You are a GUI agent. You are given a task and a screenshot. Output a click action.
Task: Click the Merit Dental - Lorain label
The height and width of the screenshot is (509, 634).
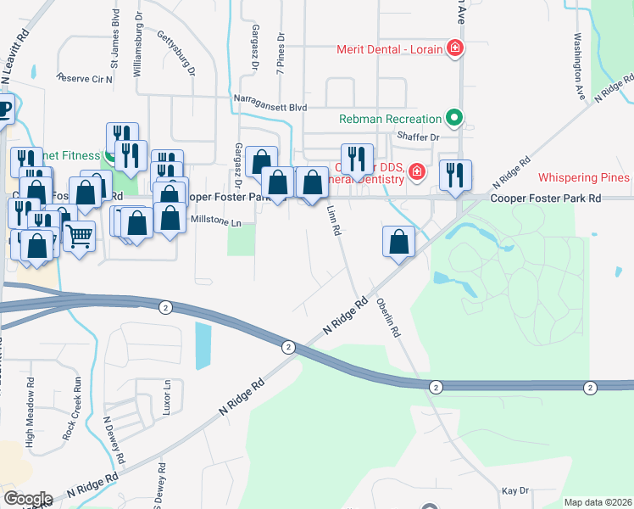(x=389, y=49)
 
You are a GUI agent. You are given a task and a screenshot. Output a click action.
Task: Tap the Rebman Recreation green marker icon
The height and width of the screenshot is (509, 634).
(x=454, y=119)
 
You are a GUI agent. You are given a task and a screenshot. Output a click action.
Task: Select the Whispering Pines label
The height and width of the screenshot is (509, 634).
(x=584, y=177)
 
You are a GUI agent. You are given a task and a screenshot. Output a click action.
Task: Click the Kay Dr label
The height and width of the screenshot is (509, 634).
(x=514, y=491)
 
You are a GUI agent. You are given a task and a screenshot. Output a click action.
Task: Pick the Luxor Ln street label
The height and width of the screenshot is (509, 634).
(x=167, y=396)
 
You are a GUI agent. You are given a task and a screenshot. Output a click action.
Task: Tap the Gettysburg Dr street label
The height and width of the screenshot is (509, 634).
(x=177, y=52)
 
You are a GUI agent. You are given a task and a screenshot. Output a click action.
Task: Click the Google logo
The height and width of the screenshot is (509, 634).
(x=29, y=499)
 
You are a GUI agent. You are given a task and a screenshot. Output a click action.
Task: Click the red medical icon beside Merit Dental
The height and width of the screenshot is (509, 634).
(x=455, y=49)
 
